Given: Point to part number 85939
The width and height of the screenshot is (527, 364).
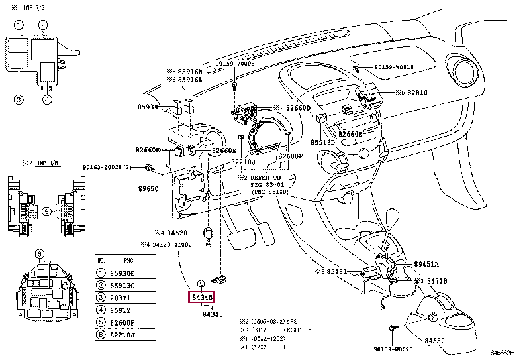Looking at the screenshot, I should [147, 107].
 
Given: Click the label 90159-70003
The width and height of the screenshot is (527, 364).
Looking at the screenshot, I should [234, 64].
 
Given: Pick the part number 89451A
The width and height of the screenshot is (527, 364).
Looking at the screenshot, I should [427, 263].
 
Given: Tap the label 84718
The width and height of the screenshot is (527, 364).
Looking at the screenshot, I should [438, 281].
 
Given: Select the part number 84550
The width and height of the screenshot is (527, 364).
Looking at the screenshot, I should [437, 341].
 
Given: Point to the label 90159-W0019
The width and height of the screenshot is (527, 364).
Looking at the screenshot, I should [393, 67].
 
